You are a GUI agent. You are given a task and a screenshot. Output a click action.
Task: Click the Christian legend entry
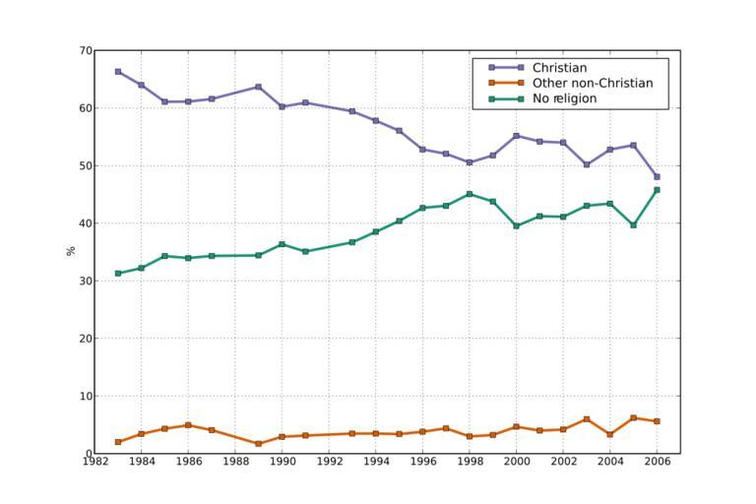tap(559, 68)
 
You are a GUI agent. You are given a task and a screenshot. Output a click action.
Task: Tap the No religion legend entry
tap(564, 99)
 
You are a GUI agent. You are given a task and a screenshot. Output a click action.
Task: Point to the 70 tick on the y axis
tap(86, 51)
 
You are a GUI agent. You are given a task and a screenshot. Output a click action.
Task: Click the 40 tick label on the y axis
tap(86, 223)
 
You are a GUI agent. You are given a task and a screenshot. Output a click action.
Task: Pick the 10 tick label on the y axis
tap(86, 397)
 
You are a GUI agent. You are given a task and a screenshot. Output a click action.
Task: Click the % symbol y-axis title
tap(71, 251)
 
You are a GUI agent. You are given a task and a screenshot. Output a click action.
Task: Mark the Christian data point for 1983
tap(118, 72)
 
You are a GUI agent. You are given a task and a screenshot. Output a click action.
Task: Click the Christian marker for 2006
tap(657, 177)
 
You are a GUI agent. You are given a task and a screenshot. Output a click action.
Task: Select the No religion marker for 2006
tap(657, 190)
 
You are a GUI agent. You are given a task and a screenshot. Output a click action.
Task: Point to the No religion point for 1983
tap(118, 274)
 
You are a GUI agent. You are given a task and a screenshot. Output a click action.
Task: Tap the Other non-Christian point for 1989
tap(258, 444)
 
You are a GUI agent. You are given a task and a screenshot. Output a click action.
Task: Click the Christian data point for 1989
tap(258, 87)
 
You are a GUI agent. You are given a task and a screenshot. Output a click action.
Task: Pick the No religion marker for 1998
tap(470, 194)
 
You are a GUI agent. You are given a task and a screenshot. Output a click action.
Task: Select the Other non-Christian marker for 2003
tap(587, 419)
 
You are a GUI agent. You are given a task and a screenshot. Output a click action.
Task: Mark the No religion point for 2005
tap(633, 225)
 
